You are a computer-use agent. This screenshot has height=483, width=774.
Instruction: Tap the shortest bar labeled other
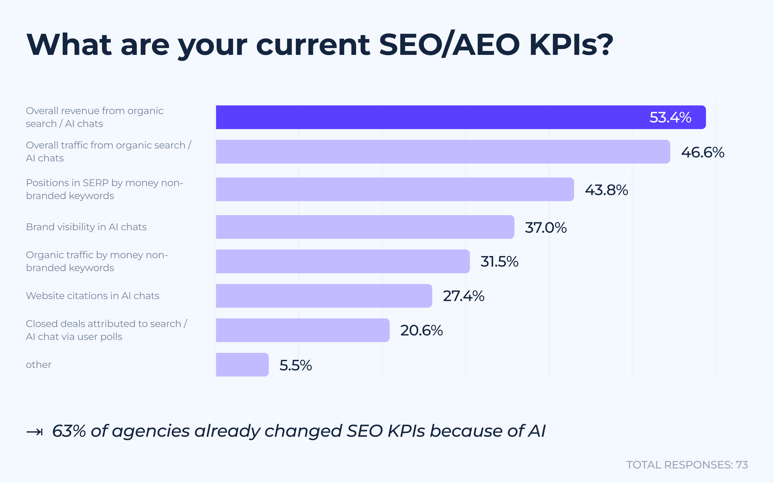click(242, 364)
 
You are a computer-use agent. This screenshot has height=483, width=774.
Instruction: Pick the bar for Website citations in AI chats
click(324, 296)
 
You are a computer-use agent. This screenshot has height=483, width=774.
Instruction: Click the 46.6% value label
click(703, 152)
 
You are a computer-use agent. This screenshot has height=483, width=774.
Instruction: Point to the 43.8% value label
click(606, 190)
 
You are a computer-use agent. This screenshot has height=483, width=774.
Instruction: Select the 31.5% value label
click(499, 262)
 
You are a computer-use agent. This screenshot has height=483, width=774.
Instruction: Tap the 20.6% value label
click(421, 330)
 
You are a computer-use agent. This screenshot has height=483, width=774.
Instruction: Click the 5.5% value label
click(296, 365)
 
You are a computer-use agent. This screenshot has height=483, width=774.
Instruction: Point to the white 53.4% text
click(670, 117)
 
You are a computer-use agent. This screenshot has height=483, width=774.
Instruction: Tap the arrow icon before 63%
click(34, 432)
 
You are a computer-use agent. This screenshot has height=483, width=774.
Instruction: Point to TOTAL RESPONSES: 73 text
click(687, 465)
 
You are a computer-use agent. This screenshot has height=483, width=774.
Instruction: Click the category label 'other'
click(39, 364)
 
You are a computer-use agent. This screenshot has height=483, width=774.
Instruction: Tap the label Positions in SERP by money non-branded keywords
click(104, 189)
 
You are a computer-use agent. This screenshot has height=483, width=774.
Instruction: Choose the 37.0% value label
click(546, 228)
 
